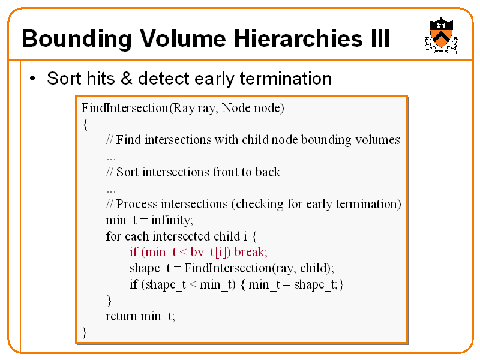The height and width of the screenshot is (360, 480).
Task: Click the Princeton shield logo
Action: tap(442, 34)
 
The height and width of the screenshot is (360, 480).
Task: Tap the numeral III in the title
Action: tap(376, 39)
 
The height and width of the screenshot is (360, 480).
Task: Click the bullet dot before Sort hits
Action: tap(34, 79)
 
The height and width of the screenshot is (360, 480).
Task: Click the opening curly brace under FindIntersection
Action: tap(85, 124)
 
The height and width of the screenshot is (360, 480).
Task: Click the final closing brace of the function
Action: tap(85, 332)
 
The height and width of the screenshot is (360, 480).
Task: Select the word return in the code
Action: tap(121, 316)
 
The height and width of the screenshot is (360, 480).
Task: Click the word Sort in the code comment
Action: tap(127, 172)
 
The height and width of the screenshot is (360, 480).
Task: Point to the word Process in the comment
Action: tap(137, 204)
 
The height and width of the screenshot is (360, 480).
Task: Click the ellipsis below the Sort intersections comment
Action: tap(110, 188)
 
